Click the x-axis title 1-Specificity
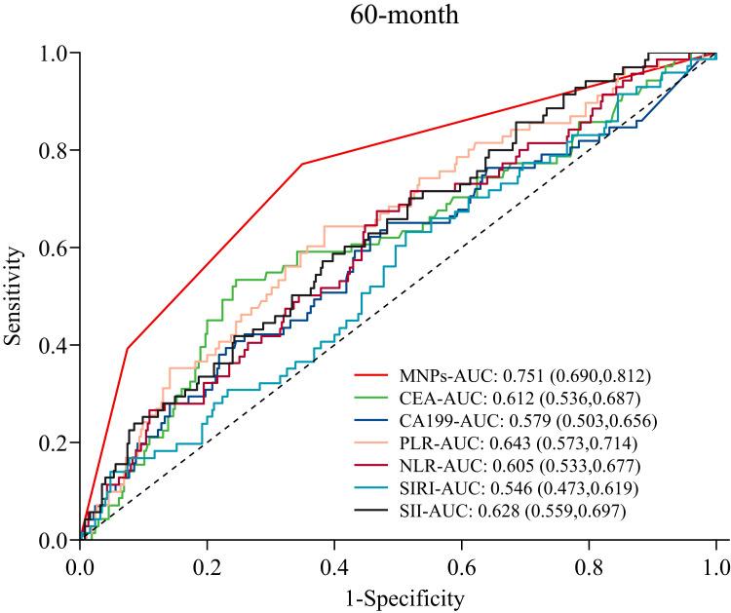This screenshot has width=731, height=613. coord(398,595)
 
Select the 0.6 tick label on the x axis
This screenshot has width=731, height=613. coord(462,564)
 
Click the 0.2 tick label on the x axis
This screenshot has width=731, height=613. coord(208,564)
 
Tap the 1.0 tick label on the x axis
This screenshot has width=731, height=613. coord(716,564)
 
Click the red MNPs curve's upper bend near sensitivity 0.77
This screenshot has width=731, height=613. coord(303,164)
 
